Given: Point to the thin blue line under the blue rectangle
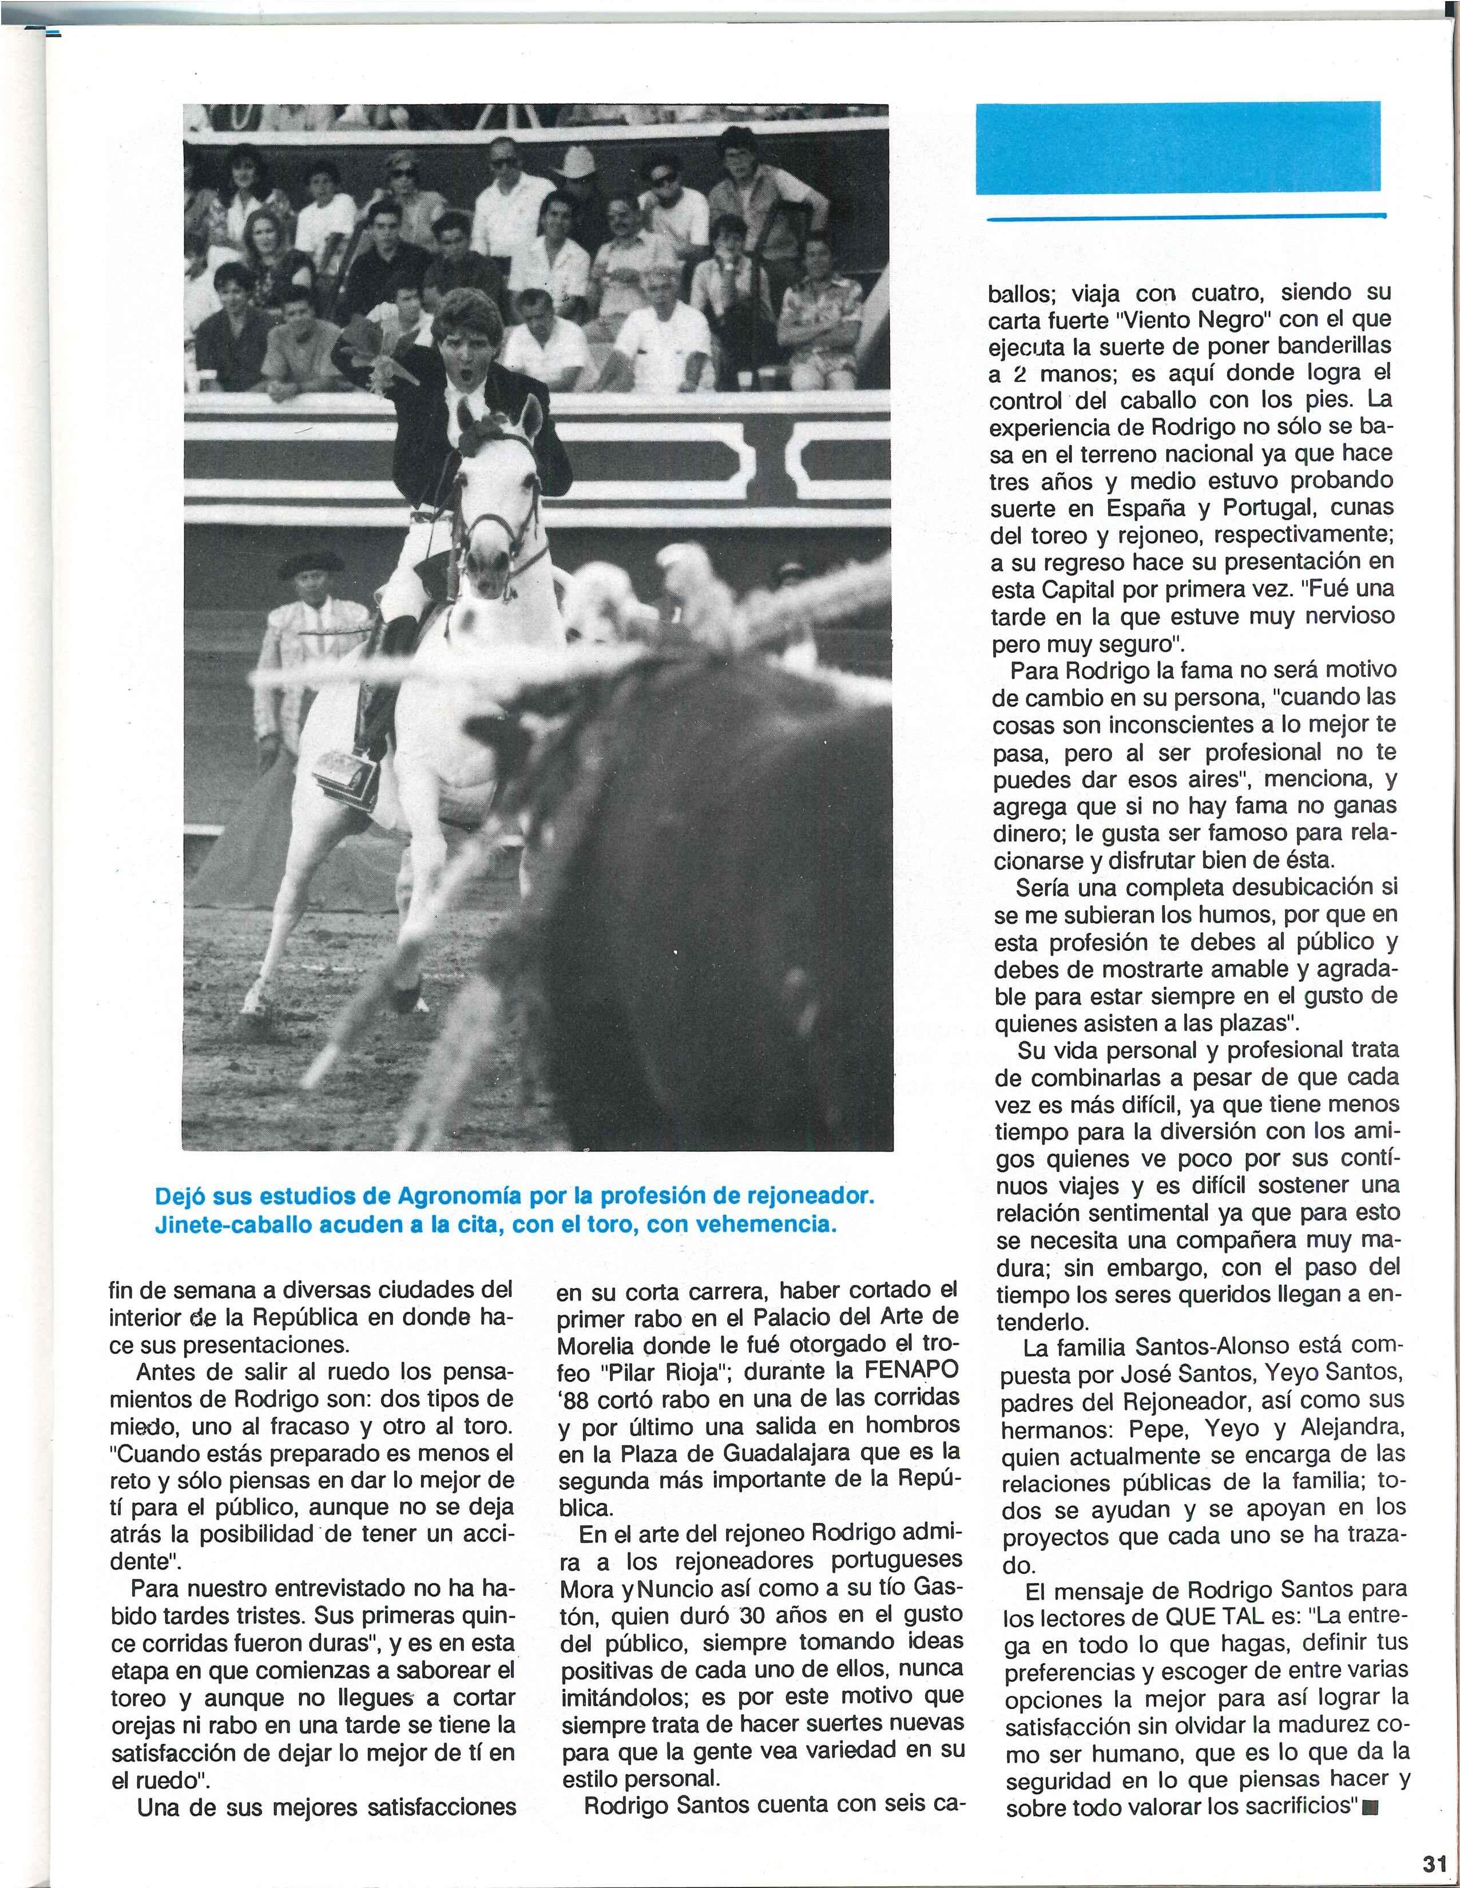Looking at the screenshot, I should [1184, 217].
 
